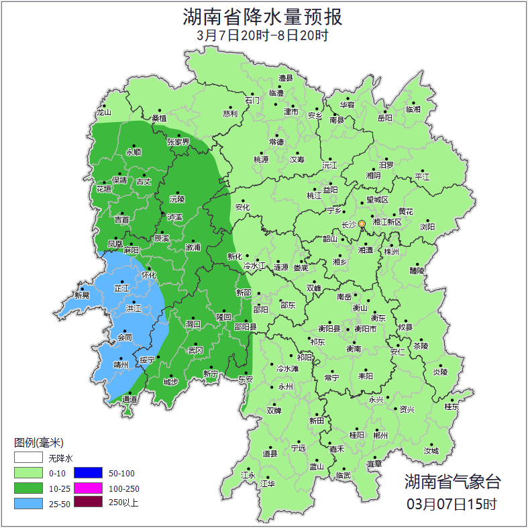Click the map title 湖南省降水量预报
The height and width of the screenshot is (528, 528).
coord(263,16)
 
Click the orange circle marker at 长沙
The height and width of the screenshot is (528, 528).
coord(362,223)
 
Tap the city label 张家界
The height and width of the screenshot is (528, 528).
coord(178,142)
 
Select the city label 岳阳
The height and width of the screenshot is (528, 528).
coord(385,118)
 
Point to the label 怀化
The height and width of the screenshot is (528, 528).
coord(149,275)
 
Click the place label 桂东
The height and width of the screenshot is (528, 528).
coord(452,407)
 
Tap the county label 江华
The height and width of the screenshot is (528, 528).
coord(268,483)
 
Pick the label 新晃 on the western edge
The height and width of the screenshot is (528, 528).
coord(82,295)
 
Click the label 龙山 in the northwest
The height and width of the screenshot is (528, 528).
coord(103,113)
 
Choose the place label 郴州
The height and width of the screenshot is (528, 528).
coord(380,435)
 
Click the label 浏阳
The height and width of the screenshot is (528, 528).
coord(427,227)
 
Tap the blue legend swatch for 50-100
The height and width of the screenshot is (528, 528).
coord(87,473)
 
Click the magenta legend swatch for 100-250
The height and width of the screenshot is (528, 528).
coord(87,488)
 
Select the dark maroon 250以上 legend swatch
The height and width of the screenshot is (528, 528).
coord(87,502)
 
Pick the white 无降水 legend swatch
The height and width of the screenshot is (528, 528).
coord(28,458)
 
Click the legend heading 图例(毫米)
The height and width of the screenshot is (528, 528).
coord(39,442)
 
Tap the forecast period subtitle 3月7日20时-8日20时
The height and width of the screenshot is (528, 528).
coord(263,36)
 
